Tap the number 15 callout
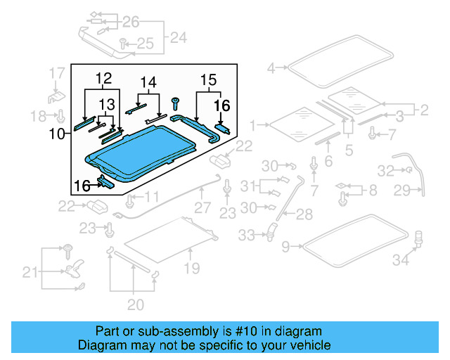coord(208,79)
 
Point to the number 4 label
coord(271,68)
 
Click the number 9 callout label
coord(285,246)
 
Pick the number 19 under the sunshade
coord(192,268)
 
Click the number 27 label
coord(202,207)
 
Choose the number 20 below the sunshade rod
coord(135,304)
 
